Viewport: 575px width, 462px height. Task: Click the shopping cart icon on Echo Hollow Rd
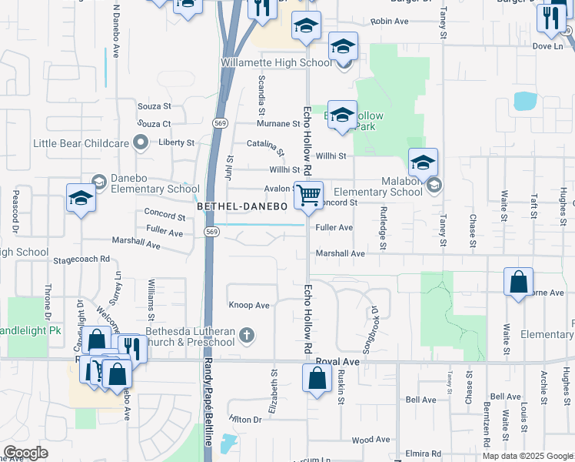308,195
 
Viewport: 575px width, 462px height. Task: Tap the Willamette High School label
276,62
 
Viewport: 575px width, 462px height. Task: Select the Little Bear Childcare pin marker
139,142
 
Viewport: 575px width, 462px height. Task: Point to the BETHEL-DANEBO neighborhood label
242,207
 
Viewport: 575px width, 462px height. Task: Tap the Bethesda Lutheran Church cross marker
246,335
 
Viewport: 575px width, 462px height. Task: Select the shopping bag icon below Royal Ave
317,378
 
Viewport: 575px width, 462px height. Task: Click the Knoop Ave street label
249,306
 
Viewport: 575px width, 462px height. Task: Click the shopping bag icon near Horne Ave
519,283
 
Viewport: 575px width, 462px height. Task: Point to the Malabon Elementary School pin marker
434,185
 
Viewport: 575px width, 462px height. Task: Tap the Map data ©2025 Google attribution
527,456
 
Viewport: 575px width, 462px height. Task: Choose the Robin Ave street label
389,22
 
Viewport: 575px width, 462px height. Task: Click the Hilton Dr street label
245,419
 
